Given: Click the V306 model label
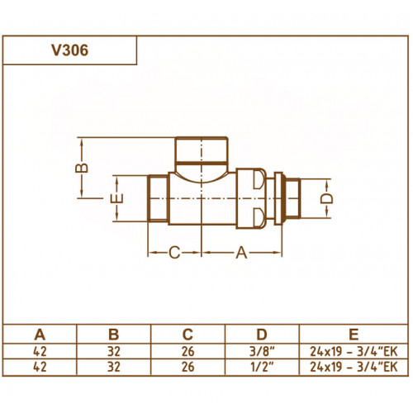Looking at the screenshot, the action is point(70,50).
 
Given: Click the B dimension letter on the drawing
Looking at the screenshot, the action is point(82,168).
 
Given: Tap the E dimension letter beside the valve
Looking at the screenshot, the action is point(116,198).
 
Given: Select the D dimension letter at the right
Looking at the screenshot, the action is point(327,198).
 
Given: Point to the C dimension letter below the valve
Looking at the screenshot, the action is point(174,253).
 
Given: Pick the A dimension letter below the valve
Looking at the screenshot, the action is point(241,253).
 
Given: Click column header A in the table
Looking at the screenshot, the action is point(40,335).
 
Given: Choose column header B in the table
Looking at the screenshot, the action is point(114,335).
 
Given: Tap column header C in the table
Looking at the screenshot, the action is point(188,335).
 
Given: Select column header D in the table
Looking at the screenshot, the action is point(262,335).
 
